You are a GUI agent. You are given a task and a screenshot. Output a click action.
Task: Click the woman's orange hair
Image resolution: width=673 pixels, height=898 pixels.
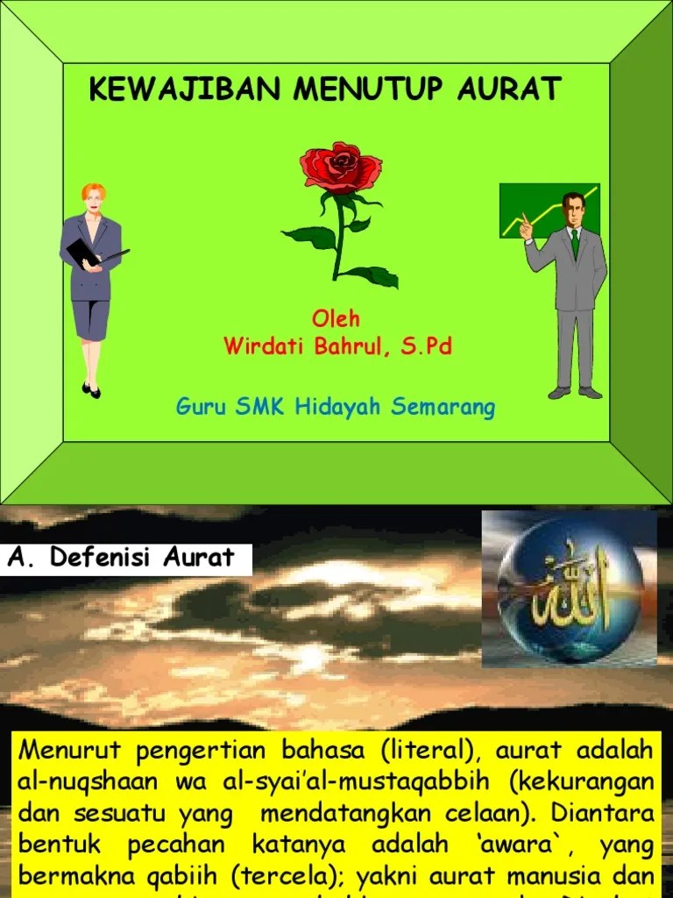point(93,190)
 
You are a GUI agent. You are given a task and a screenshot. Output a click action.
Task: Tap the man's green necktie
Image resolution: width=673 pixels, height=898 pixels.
point(574,242)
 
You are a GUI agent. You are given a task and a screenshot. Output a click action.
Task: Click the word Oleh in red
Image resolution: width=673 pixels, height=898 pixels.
point(336,318)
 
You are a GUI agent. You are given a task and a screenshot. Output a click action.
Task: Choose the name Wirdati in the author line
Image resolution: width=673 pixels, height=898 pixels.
point(263,346)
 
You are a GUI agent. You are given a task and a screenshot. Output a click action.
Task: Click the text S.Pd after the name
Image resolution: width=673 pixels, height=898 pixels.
point(427,346)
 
